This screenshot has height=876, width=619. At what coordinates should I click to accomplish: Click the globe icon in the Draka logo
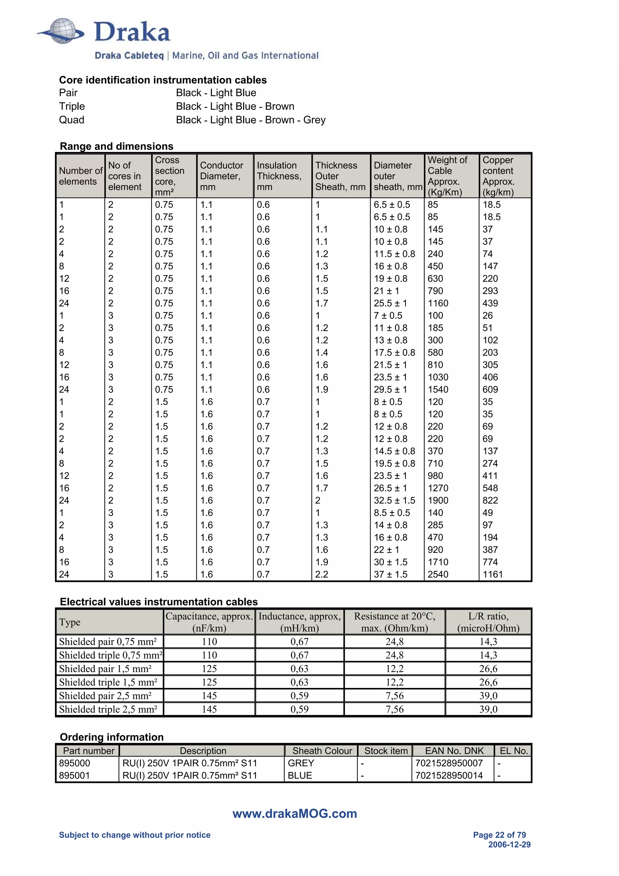pyautogui.click(x=63, y=31)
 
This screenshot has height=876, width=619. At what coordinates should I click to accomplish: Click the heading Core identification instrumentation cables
pyautogui.click(x=163, y=80)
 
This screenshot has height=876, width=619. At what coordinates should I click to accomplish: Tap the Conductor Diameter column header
pyautogui.click(x=221, y=176)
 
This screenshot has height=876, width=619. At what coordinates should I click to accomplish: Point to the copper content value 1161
pyautogui.click(x=492, y=574)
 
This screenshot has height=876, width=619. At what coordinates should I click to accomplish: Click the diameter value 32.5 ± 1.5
pyautogui.click(x=394, y=500)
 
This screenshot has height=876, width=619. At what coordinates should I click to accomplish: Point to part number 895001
pyautogui.click(x=74, y=775)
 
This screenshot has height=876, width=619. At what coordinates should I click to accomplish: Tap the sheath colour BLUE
pyautogui.click(x=300, y=775)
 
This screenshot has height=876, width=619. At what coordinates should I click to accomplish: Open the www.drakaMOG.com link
pyautogui.click(x=294, y=813)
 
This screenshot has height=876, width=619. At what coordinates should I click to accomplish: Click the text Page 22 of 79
pyautogui.click(x=499, y=835)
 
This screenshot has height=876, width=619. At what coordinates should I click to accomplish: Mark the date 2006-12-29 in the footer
pyautogui.click(x=509, y=844)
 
